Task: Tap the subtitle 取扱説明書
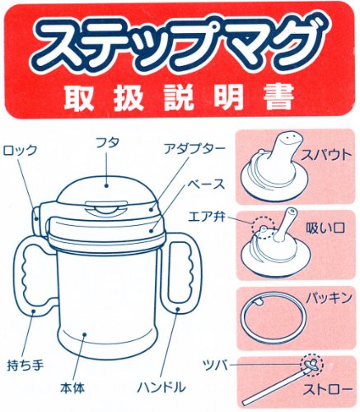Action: pyautogui.click(x=180, y=98)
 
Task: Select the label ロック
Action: pyautogui.click(x=20, y=150)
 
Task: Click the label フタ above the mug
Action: pyautogui.click(x=107, y=143)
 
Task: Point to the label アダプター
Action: pyautogui.click(x=194, y=149)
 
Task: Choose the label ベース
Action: pyautogui.click(x=206, y=185)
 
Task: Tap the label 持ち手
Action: pyautogui.click(x=26, y=365)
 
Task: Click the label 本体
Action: pyautogui.click(x=72, y=388)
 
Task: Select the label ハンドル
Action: pyautogui.click(x=161, y=387)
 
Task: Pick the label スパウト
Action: pyautogui.click(x=326, y=155)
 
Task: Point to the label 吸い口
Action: pyautogui.click(x=325, y=228)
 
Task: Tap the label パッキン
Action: pyautogui.click(x=329, y=298)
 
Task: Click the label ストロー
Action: pyautogui.click(x=327, y=389)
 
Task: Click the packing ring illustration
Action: pyautogui.click(x=241, y=316)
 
